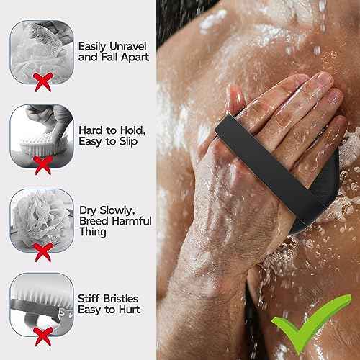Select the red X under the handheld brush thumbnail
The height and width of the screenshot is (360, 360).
pos(42,166)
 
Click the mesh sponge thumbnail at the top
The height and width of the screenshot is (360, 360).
pos(42,43)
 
